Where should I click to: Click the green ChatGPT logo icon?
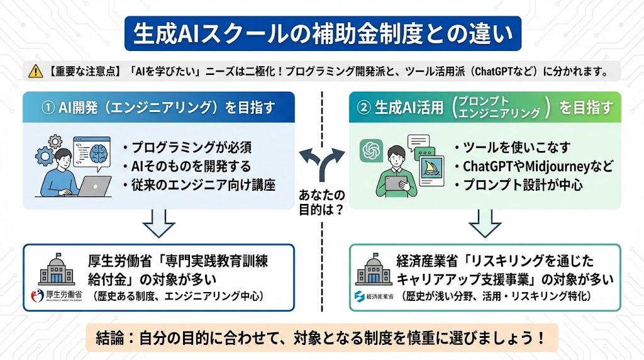point(372,152)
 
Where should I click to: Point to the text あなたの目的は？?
point(321,202)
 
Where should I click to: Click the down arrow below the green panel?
point(485,223)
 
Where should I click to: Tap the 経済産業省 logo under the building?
point(374,295)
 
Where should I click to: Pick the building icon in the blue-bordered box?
point(57,269)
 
